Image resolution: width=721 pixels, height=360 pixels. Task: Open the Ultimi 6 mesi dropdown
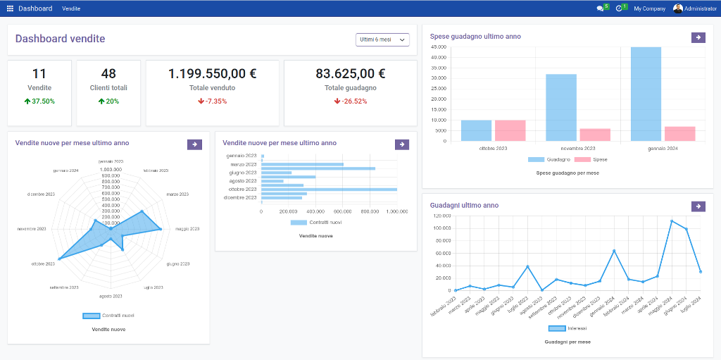(382, 39)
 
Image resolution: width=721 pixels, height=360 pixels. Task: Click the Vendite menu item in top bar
(71, 8)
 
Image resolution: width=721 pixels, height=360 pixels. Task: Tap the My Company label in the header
(649, 8)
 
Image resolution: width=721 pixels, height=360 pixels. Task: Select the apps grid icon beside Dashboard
(10, 8)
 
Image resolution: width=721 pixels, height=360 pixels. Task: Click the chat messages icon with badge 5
(601, 8)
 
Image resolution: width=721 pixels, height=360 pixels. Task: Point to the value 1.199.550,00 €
(212, 73)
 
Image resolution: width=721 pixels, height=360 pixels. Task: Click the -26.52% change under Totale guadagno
(351, 101)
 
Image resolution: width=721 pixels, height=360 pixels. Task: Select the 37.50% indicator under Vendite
(39, 101)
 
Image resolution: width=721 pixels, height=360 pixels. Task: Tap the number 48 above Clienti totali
(108, 73)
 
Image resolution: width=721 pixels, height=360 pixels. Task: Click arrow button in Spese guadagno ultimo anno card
(698, 37)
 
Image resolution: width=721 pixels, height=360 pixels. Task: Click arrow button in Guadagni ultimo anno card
(698, 206)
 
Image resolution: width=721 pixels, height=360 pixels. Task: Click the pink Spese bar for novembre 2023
(595, 135)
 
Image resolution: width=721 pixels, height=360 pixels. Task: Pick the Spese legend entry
(591, 160)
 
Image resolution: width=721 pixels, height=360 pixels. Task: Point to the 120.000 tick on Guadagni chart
(441, 216)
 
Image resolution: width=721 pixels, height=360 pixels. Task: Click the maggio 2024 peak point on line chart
(672, 221)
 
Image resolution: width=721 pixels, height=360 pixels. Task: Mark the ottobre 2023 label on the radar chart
(42, 263)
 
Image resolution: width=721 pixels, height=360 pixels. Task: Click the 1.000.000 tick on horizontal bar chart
(396, 211)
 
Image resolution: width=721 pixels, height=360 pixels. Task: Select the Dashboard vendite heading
(60, 39)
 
